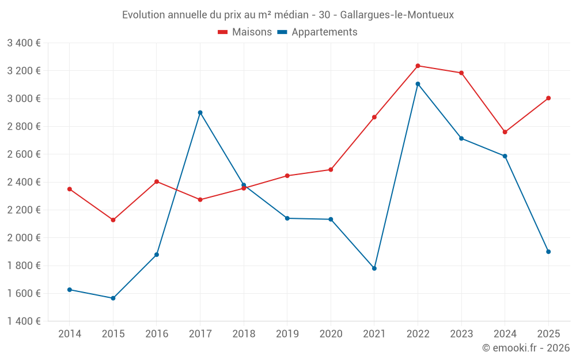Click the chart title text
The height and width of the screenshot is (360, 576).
click(x=288, y=14)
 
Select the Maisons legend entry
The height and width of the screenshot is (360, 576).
click(x=245, y=32)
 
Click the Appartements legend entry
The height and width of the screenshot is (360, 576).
click(x=317, y=32)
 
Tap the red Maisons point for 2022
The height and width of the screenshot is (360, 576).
click(x=418, y=66)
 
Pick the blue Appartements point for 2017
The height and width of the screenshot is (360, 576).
click(x=200, y=112)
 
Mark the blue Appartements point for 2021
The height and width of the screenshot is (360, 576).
click(x=374, y=268)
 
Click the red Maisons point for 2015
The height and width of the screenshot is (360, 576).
click(x=113, y=220)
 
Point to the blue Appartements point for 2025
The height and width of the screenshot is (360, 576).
click(x=548, y=252)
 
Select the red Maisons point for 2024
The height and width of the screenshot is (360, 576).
click(x=505, y=132)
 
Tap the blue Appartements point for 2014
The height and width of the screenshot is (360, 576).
click(x=70, y=290)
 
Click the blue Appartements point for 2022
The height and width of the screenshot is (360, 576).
click(x=418, y=84)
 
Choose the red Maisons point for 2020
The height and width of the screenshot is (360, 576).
click(x=331, y=169)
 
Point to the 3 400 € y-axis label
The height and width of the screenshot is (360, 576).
click(x=24, y=43)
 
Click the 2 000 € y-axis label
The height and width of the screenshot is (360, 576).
click(x=24, y=238)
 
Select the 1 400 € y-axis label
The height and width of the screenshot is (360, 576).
click(x=24, y=321)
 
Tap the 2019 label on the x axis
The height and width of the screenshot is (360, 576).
click(x=287, y=334)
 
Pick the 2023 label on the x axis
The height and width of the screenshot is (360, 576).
click(x=461, y=334)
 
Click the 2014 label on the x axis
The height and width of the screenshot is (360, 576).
click(x=70, y=334)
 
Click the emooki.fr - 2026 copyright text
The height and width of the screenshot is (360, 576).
click(x=525, y=348)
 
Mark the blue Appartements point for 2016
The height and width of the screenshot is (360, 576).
click(x=157, y=255)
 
